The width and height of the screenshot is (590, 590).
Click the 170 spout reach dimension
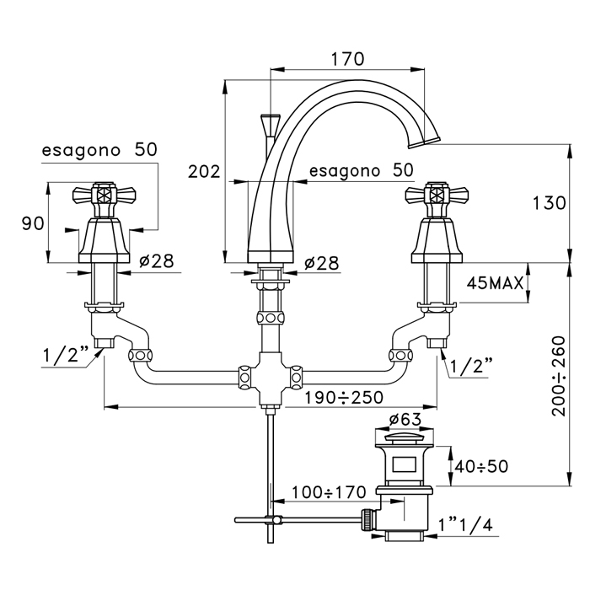(347, 59)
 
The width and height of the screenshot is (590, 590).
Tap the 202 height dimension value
(203, 172)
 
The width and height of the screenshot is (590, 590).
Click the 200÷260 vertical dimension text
(563, 376)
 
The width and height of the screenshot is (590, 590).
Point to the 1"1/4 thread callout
(465, 524)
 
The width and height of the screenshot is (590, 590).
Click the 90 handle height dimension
(33, 223)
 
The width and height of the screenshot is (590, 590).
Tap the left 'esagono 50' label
(99, 149)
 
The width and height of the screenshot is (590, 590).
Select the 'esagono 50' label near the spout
(361, 170)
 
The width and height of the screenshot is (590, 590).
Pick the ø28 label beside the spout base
(321, 263)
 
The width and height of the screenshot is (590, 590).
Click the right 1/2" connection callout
(470, 366)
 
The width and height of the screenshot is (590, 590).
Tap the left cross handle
(102, 196)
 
